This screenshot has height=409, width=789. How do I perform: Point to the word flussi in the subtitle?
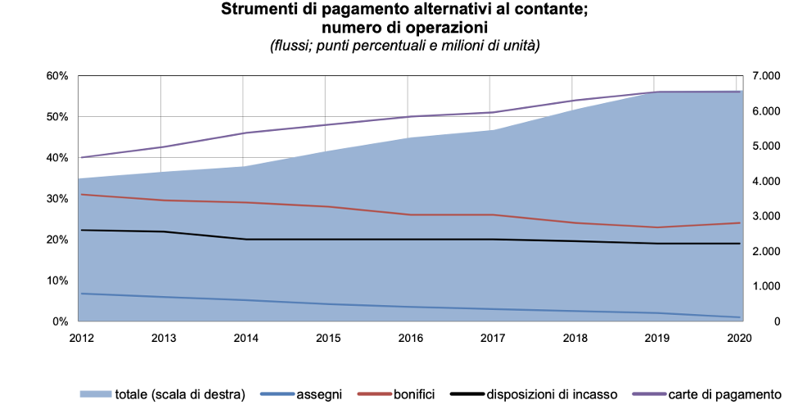pyautogui.click(x=293, y=46)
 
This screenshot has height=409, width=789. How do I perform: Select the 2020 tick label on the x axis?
pyautogui.click(x=740, y=337)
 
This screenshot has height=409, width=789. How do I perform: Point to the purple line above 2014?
pyautogui.click(x=244, y=133)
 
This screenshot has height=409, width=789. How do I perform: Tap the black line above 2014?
pyautogui.click(x=244, y=239)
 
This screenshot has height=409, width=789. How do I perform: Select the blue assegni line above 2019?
pyautogui.click(x=657, y=312)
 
